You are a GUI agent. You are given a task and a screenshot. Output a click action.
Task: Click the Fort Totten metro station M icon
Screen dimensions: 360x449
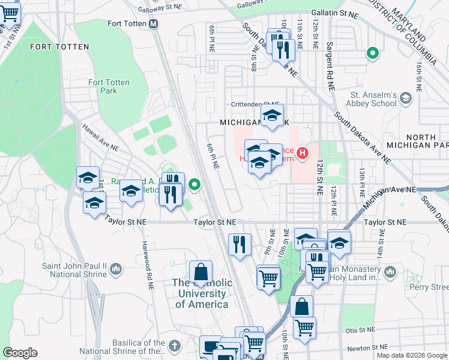154,24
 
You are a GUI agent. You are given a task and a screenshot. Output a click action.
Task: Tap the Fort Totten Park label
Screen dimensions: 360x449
109,86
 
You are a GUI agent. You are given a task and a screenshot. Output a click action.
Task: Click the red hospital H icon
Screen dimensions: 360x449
303,154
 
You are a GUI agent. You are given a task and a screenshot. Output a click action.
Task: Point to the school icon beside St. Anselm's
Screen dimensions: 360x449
406,98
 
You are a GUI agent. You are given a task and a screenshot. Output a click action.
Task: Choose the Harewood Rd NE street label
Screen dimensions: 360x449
145,258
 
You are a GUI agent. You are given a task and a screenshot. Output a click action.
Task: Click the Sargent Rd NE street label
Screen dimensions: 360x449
330,66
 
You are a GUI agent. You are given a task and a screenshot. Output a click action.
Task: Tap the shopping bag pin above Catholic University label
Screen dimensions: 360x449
200,272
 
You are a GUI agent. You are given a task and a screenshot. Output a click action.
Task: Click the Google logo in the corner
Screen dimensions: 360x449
20,353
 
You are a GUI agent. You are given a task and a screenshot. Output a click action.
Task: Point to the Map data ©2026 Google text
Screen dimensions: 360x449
411,355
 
